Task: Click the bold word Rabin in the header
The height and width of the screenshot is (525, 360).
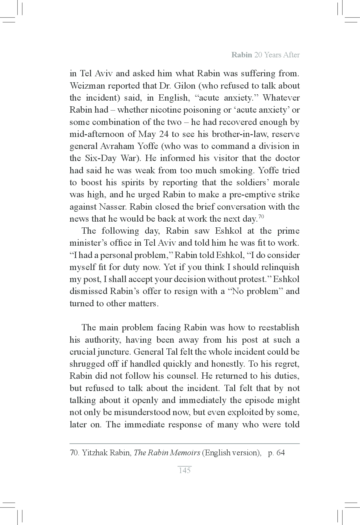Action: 241,55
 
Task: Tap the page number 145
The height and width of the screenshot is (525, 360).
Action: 184,470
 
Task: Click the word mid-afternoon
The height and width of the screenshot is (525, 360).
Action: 96,134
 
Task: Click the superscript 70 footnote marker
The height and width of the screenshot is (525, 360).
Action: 261,217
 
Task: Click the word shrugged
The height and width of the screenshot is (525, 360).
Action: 87,364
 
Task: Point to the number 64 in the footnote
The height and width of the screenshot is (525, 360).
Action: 280,453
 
